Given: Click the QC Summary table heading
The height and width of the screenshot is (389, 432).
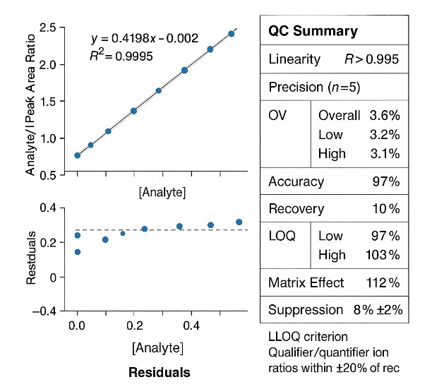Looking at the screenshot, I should pyautogui.click(x=313, y=31).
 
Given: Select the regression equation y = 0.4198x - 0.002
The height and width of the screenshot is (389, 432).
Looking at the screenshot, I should pyautogui.click(x=145, y=38).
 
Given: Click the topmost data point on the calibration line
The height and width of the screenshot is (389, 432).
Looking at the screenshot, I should pyautogui.click(x=231, y=34).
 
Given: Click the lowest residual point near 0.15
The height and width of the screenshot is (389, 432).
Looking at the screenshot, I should pyautogui.click(x=77, y=252).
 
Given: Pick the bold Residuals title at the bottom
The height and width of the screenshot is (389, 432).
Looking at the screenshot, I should pyautogui.click(x=160, y=371).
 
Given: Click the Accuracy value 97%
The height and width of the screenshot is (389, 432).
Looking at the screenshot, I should pyautogui.click(x=387, y=181).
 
